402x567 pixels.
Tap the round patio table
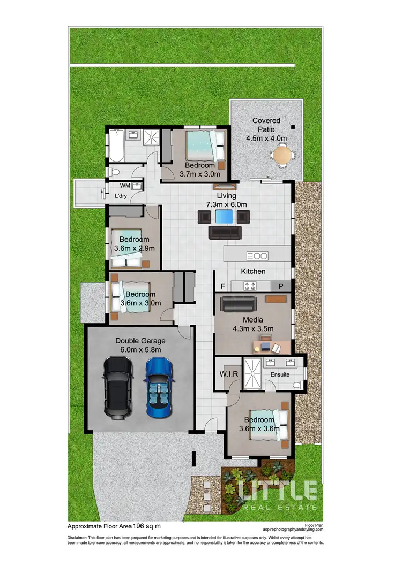tap(282, 156)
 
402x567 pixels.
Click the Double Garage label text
tap(140, 341)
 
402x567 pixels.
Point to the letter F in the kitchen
tap(222, 286)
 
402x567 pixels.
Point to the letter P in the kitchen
tap(280, 286)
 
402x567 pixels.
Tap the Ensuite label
tap(279, 374)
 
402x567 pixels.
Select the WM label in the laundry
tap(124, 186)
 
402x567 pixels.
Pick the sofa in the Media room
tap(241, 304)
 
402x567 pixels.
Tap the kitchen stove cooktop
tap(250, 286)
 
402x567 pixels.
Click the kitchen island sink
tap(257, 256)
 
